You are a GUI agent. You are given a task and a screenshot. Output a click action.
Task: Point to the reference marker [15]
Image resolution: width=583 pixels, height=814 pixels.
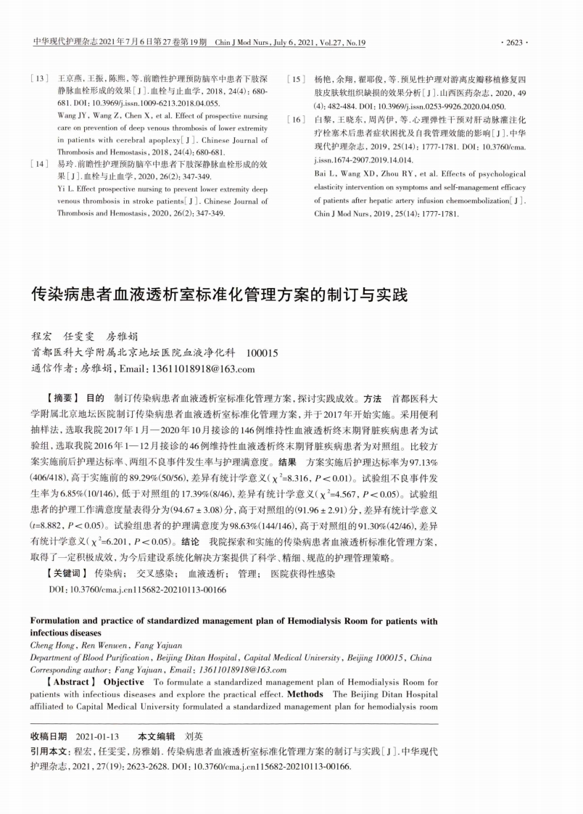click(298, 77)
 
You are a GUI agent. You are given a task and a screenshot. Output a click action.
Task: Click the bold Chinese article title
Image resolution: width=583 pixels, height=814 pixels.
click(219, 295)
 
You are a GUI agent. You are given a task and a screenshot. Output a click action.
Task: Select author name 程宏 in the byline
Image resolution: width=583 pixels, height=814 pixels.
click(43, 337)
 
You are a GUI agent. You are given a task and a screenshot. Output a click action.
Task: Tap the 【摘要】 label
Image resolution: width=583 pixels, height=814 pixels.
click(61, 398)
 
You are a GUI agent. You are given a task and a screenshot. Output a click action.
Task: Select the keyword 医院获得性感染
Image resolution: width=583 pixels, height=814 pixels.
click(302, 573)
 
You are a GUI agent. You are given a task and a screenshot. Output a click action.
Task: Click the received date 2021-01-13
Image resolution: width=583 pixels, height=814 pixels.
click(98, 735)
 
